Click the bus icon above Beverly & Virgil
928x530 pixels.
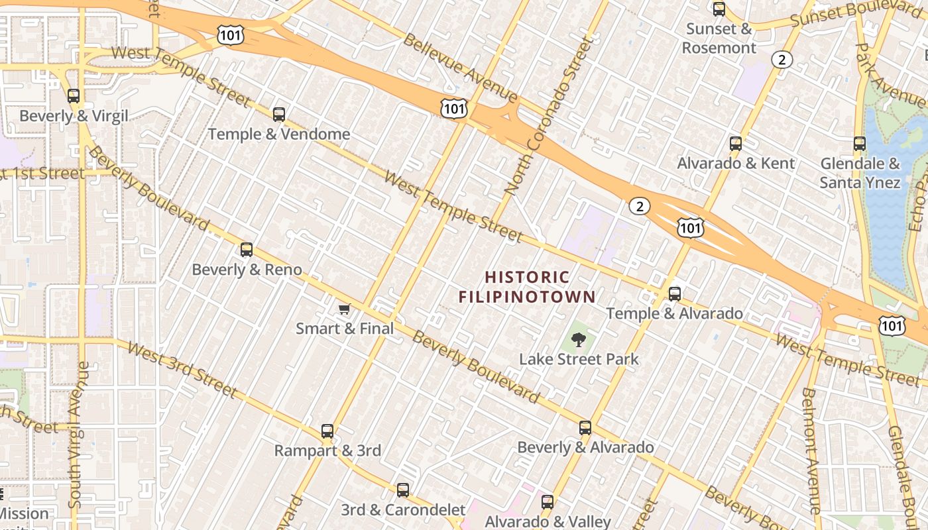pos(74,96)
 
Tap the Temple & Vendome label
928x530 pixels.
pos(279,134)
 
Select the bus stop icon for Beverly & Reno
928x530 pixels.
pos(247,250)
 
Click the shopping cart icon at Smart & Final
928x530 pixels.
pos(344,309)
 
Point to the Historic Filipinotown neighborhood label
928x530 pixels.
pos(528,287)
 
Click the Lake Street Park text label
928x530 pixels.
pos(579,360)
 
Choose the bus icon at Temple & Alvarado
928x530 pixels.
pos(675,293)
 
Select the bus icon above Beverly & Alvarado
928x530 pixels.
pos(585,428)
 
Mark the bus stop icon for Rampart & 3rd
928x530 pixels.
pos(327,431)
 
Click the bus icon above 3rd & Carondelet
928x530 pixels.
pos(403,491)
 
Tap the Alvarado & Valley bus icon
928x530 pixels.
pos(548,502)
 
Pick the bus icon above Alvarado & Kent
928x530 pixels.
pos(735,144)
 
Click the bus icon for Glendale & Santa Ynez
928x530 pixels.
pos(860,144)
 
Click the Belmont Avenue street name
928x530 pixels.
pos(811,450)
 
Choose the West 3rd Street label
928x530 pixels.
pos(181,370)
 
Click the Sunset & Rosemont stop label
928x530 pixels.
pos(719,38)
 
